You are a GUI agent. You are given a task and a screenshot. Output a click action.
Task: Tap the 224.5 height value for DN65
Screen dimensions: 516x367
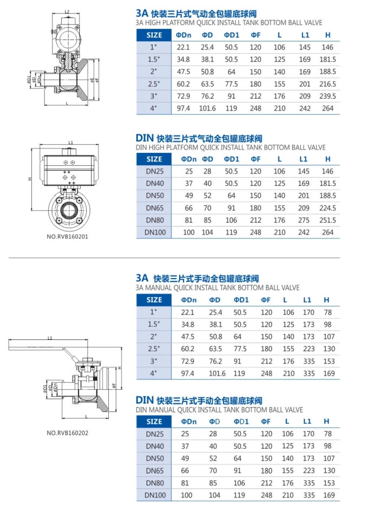[x=327, y=208]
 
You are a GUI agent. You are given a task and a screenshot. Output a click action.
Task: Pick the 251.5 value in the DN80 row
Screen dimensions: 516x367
[x=327, y=221]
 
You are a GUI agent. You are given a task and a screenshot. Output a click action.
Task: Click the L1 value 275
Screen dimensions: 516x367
[x=304, y=221]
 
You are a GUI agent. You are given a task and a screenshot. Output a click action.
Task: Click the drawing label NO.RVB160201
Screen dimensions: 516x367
[x=67, y=236]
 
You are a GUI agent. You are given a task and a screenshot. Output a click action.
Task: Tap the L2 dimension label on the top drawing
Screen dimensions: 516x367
[x=67, y=11]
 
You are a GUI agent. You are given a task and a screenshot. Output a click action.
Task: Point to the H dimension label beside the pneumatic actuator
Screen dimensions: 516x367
[x=31, y=179]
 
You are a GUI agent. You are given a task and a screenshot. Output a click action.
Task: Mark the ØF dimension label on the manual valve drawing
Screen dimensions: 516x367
[x=114, y=385]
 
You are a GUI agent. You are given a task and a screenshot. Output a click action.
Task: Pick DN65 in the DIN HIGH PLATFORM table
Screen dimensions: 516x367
[x=154, y=208]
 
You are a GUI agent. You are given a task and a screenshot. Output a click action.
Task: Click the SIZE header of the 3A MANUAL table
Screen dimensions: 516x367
[x=154, y=300]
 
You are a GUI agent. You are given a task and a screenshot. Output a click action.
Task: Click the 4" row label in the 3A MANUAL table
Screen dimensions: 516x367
[x=154, y=373]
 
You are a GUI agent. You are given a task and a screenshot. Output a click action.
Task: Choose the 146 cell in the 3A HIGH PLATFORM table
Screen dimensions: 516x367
[x=327, y=47]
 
